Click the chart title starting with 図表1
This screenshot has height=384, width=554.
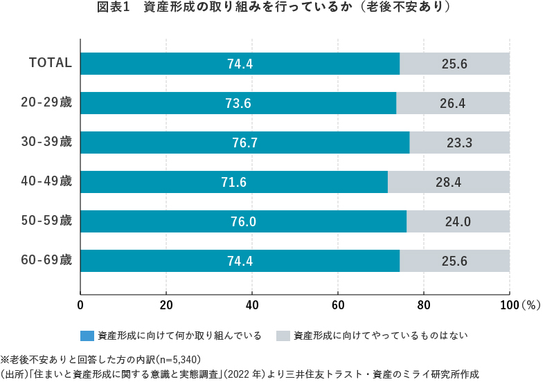277,8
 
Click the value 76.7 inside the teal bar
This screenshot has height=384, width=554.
245,143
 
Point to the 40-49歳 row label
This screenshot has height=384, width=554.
47,181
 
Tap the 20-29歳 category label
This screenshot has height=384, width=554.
47,102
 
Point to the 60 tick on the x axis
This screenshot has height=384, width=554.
338,304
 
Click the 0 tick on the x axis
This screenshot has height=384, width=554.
81,304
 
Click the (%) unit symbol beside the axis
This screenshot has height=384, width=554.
530,304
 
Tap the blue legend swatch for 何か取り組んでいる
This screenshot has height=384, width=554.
88,336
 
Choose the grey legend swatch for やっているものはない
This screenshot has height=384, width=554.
283,336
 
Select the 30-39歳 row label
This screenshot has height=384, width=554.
47,142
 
